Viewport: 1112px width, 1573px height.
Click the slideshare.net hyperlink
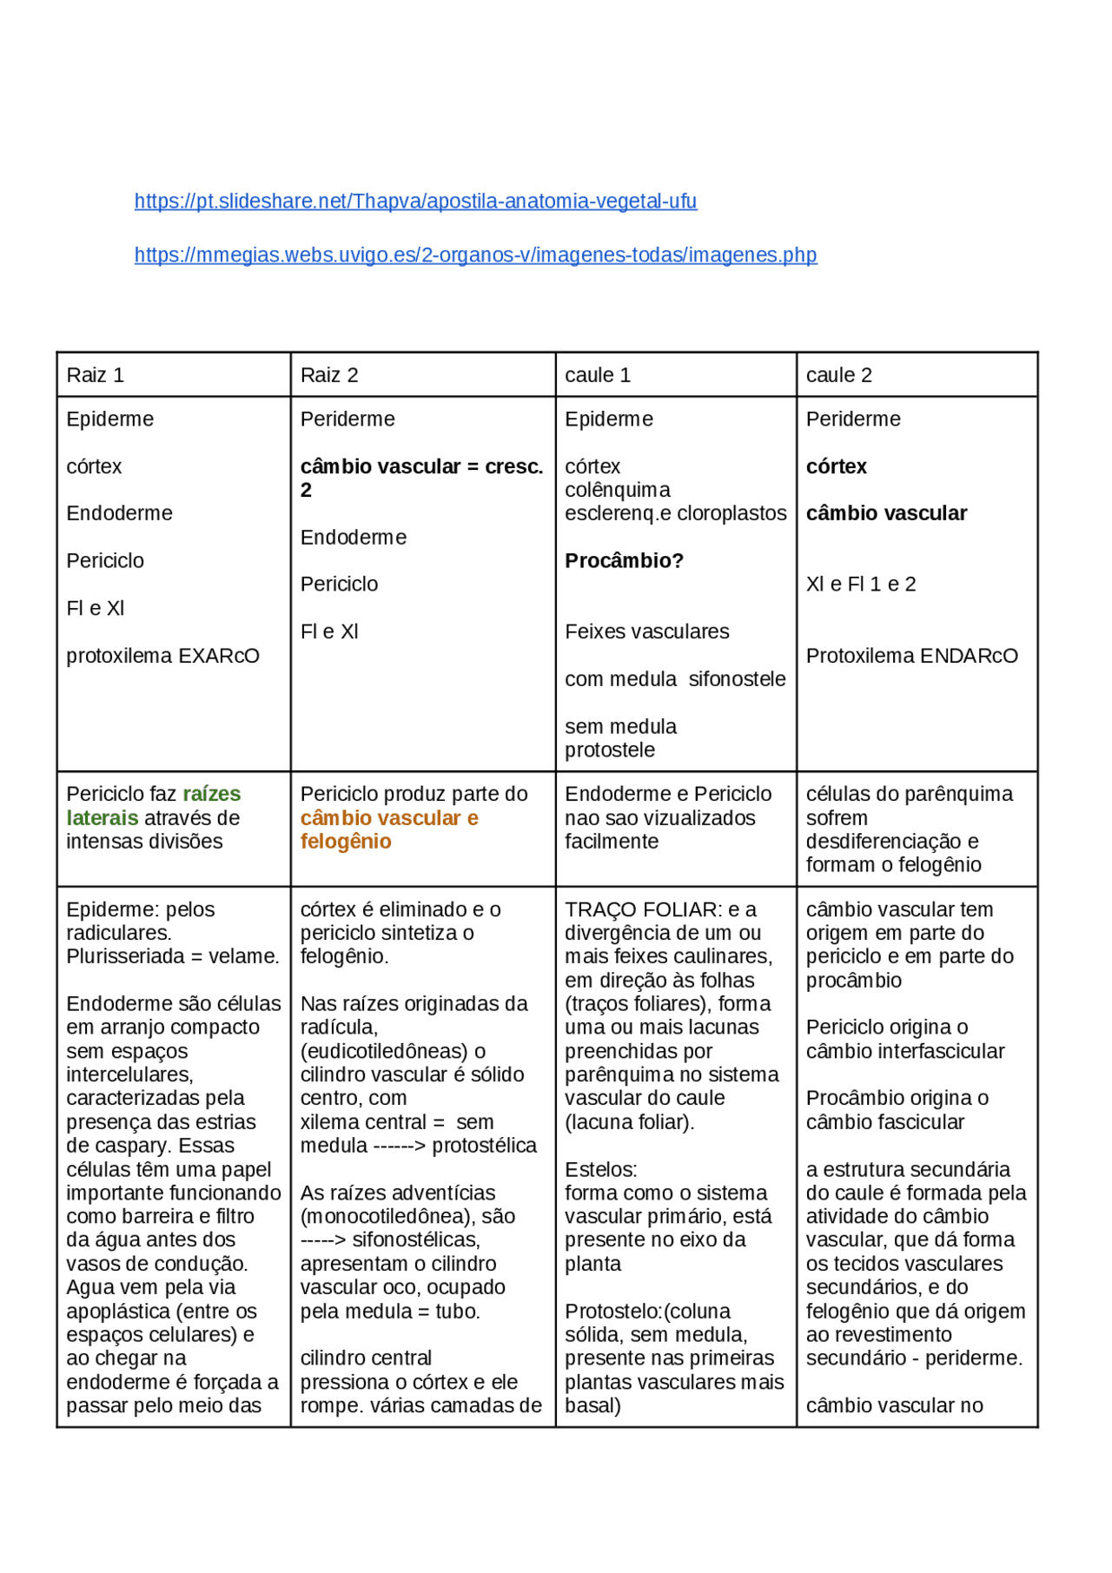click(x=415, y=202)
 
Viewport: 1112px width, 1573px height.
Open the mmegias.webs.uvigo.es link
click(x=475, y=255)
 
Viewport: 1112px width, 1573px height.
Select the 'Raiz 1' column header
click(x=96, y=375)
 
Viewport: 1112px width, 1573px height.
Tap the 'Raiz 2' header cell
click(x=329, y=375)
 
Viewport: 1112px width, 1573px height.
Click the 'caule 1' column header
click(x=598, y=375)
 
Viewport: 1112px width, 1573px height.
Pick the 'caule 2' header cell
click(x=838, y=375)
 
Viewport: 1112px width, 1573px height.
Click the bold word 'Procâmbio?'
click(x=624, y=561)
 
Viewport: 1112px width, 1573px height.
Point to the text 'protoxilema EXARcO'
click(x=162, y=656)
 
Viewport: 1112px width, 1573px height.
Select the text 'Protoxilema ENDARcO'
click(x=911, y=656)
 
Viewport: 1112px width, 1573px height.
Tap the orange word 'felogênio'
click(x=346, y=842)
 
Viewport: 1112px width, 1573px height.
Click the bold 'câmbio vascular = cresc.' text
click(x=421, y=467)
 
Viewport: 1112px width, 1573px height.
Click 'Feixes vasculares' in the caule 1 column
click(x=646, y=632)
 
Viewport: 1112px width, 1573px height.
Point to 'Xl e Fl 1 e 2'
click(x=860, y=585)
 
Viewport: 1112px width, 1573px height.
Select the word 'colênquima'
click(x=617, y=491)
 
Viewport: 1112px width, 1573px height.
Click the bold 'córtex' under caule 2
click(x=836, y=467)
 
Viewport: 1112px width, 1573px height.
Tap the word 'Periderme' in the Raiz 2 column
click(x=347, y=420)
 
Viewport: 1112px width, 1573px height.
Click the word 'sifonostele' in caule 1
click(x=737, y=679)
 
